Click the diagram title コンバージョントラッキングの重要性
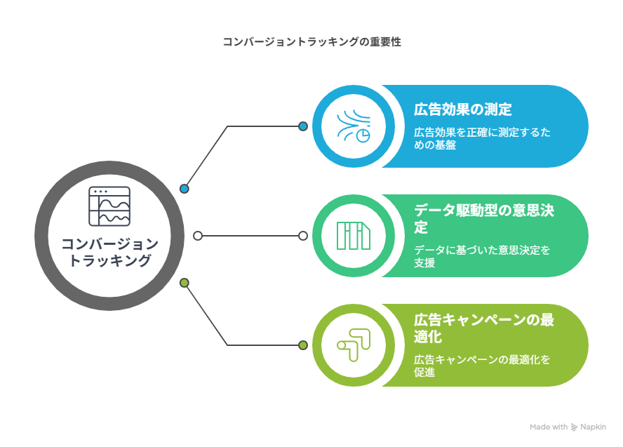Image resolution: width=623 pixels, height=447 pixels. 312,41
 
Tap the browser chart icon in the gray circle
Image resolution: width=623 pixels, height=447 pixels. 109,206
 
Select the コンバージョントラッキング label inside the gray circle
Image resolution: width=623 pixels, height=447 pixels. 109,252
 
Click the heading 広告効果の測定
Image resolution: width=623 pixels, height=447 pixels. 463,109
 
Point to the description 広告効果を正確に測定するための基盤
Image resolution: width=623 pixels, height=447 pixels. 482,138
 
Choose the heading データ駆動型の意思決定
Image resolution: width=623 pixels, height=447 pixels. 484,218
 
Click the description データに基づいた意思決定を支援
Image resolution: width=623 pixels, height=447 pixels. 482,256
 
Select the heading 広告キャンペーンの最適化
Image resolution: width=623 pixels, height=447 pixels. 484,328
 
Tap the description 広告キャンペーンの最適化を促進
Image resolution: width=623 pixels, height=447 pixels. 482,366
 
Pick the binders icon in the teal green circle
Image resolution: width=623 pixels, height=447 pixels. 354,236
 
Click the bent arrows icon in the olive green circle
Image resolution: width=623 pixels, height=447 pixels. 354,345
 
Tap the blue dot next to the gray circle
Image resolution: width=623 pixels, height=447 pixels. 184,189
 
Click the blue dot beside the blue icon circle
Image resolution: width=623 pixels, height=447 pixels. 303,126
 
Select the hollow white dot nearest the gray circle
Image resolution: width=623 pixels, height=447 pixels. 198,236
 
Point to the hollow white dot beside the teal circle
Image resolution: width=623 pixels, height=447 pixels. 303,236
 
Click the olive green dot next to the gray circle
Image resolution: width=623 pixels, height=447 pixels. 184,283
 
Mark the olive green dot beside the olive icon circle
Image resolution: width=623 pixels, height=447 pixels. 303,345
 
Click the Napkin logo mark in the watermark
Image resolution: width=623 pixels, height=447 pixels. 574,427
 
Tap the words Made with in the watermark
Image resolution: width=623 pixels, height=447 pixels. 549,427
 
